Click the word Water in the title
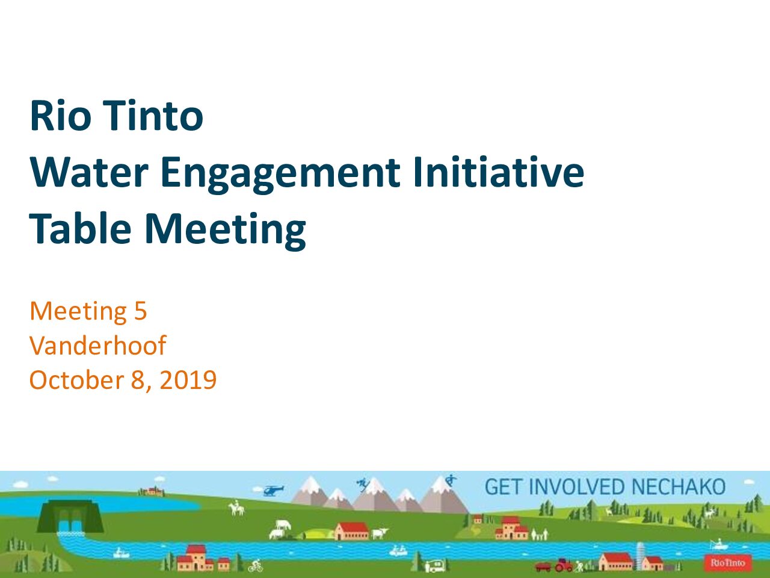tap(89, 172)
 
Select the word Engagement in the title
tap(280, 175)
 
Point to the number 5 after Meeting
tap(140, 311)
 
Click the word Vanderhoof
tap(98, 345)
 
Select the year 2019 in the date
tap(188, 380)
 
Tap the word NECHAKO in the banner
tap(678, 486)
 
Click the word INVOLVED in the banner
tap(577, 486)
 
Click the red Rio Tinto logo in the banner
tap(728, 563)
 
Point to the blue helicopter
tap(273, 490)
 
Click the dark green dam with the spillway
tap(70, 517)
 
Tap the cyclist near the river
tap(256, 565)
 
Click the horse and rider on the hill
tap(236, 508)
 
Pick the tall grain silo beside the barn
tap(641, 556)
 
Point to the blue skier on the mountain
tap(362, 484)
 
